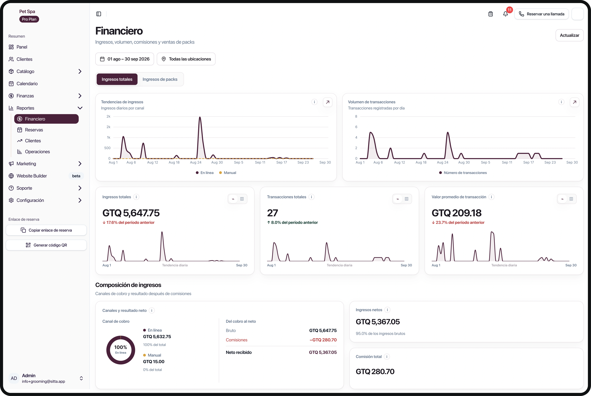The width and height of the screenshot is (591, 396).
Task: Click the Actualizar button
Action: (569, 35)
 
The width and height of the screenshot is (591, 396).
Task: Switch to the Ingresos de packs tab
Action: (160, 79)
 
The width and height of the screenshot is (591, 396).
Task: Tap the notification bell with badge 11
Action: (505, 14)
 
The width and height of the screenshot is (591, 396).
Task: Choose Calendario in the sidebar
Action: (27, 84)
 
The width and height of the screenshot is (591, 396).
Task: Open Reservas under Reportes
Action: (34, 130)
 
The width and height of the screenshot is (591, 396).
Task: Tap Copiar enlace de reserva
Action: (46, 230)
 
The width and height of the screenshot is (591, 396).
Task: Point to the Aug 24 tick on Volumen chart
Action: (443, 162)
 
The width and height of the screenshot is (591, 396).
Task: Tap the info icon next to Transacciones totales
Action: (311, 197)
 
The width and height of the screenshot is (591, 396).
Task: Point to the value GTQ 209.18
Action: (456, 213)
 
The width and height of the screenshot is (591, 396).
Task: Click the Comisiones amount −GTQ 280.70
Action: (323, 340)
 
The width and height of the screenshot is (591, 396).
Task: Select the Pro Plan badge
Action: (29, 19)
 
